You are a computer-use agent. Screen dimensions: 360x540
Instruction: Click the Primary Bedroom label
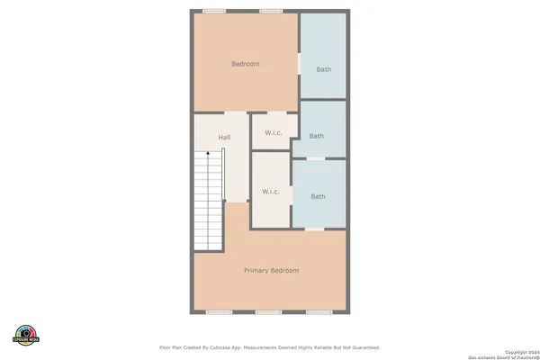[x=271, y=270]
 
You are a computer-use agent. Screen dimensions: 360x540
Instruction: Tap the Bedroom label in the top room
[x=246, y=64]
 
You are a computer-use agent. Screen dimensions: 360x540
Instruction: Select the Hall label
[x=224, y=137]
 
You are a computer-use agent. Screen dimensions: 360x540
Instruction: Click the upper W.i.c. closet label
[x=274, y=134]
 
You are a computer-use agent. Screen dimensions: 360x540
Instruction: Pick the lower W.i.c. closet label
[x=270, y=192]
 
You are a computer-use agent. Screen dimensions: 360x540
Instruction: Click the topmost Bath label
[x=323, y=70]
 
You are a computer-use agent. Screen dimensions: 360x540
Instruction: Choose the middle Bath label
[x=317, y=137]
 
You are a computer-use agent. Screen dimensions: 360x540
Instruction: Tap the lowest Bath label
[x=319, y=196]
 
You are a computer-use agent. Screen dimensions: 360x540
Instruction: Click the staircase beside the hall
[x=209, y=202]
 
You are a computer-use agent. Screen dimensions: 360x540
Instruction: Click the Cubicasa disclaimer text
[x=270, y=346]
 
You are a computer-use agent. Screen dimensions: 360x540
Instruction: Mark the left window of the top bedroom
[x=213, y=11]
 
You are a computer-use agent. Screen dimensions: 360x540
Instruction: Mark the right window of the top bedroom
[x=271, y=11]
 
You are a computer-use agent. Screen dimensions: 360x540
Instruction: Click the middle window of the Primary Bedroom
[x=267, y=312]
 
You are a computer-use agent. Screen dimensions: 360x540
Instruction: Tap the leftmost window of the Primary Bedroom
[x=219, y=312]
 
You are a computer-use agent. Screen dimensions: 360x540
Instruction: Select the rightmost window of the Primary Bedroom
[x=318, y=312]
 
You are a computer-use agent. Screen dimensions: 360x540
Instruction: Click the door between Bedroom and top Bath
[x=299, y=65]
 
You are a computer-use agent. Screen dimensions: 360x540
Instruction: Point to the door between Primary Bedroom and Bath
[x=314, y=229]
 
